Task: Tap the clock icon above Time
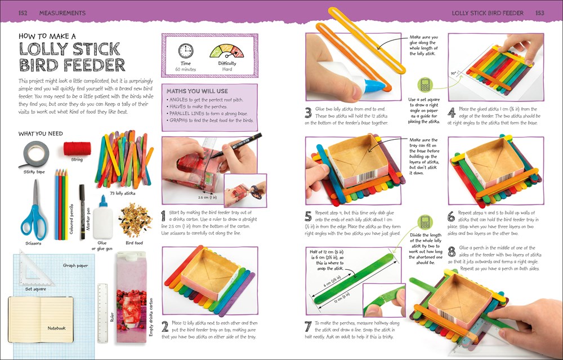click(x=185, y=51)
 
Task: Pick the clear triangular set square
click(x=30, y=269)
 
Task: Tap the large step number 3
click(x=308, y=112)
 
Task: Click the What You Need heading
click(x=41, y=134)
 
